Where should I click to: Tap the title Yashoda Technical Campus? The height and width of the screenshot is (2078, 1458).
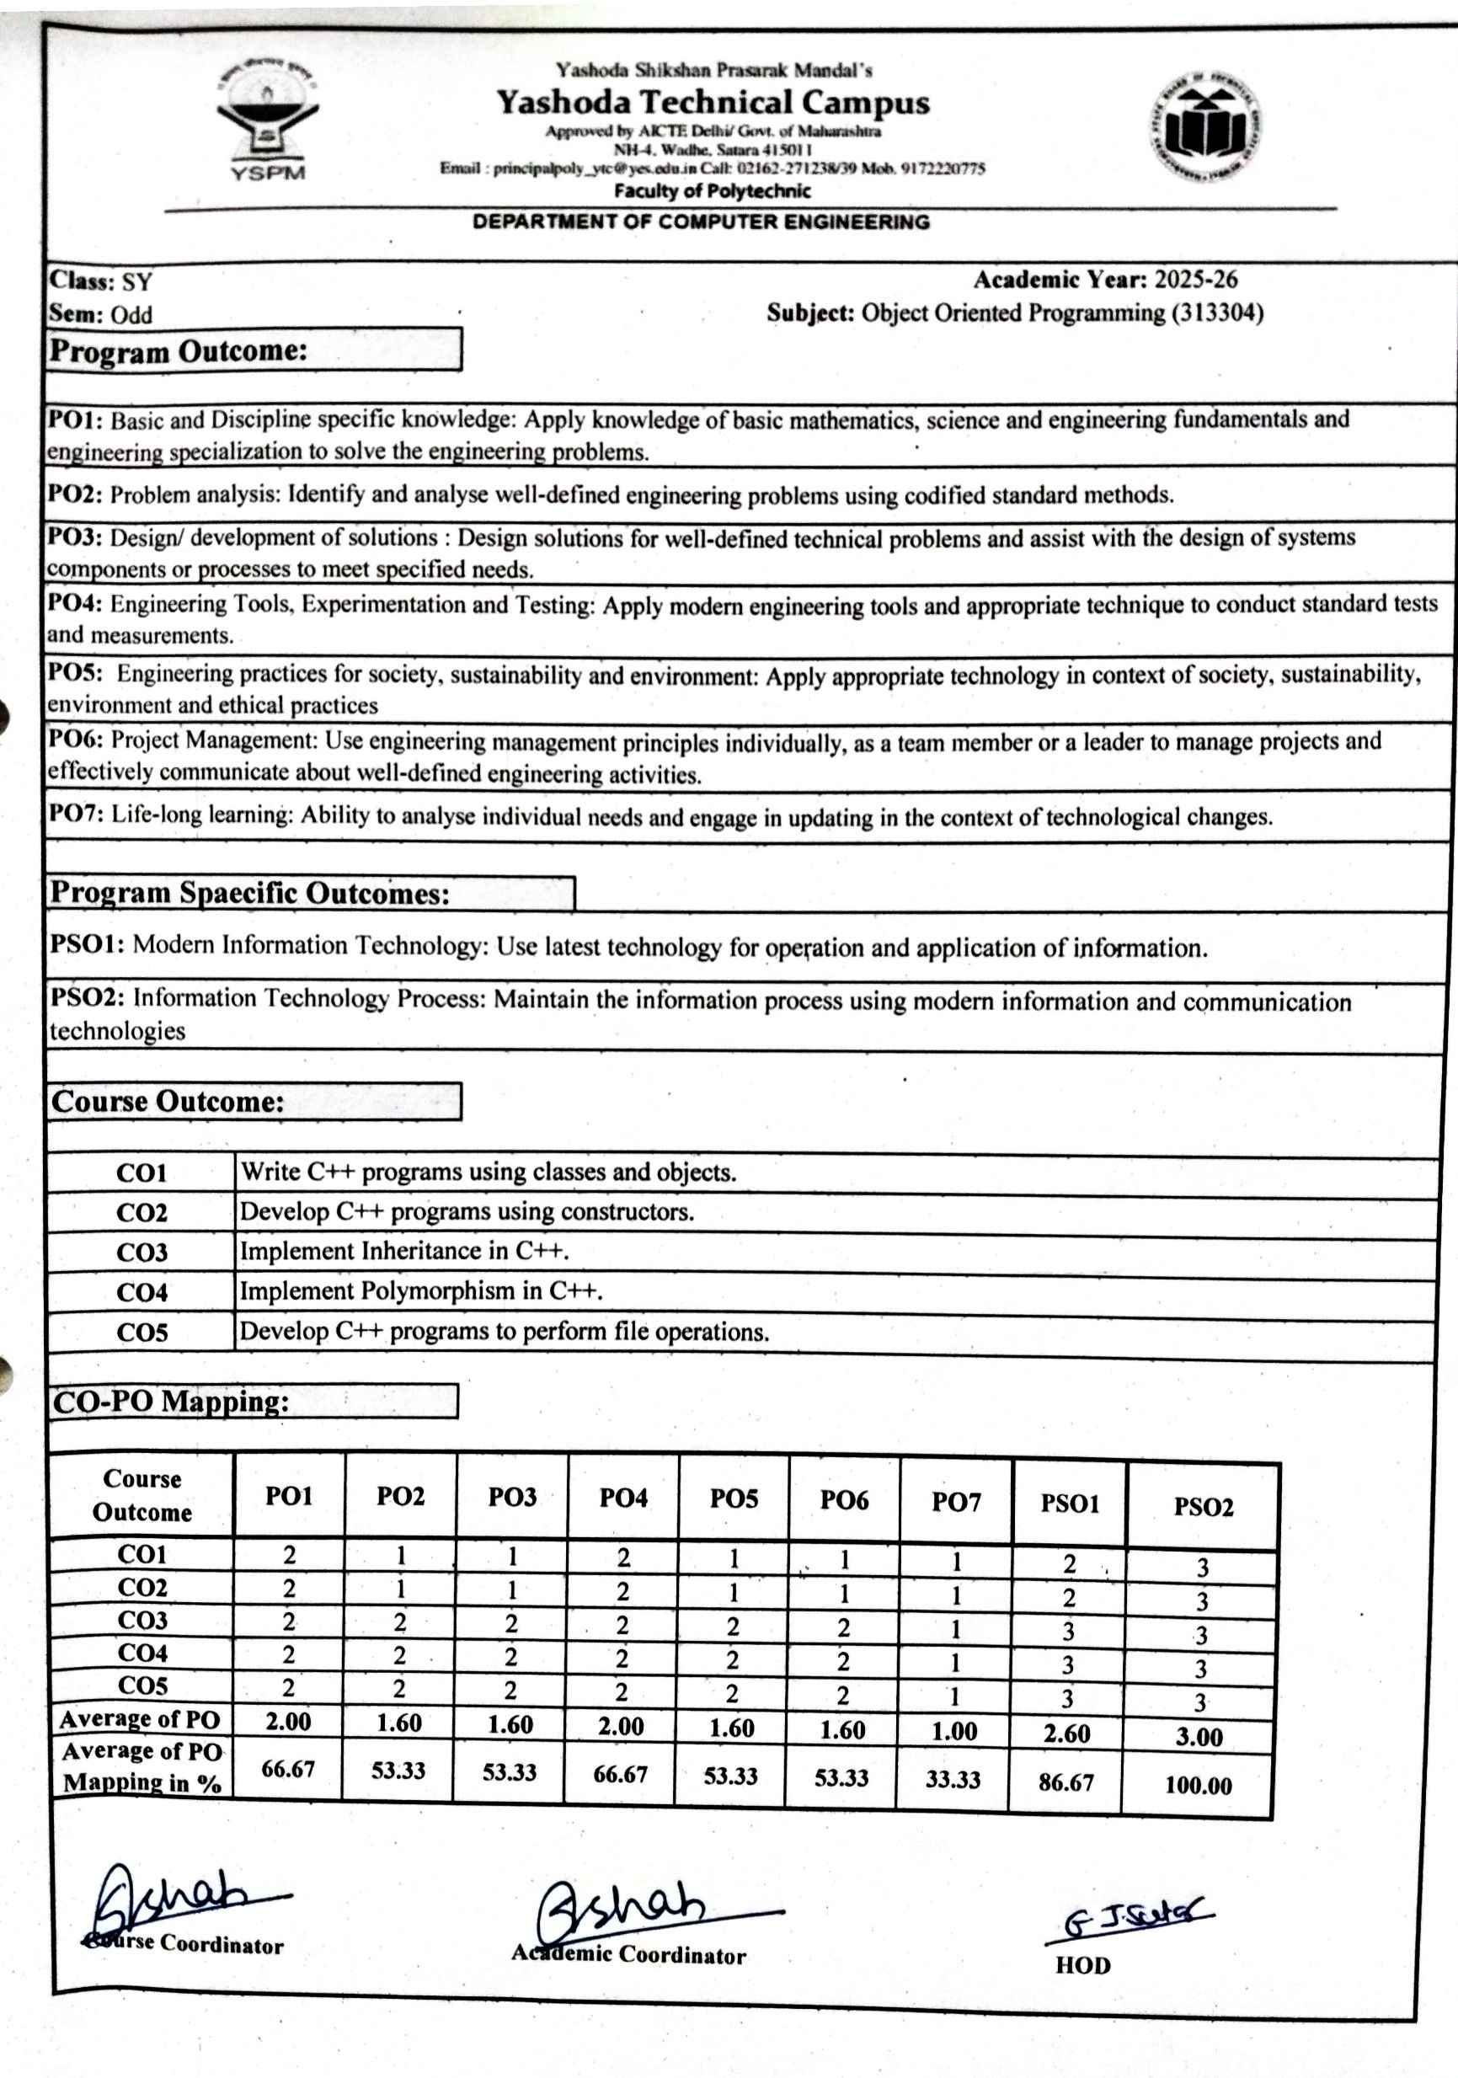point(713,102)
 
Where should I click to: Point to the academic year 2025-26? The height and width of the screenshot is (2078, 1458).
point(1194,280)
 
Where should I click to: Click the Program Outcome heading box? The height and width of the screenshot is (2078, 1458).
point(254,350)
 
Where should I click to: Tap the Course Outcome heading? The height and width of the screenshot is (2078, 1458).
point(168,1102)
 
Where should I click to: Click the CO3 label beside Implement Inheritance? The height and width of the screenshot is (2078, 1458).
point(142,1253)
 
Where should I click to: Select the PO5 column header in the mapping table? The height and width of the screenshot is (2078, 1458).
point(733,1498)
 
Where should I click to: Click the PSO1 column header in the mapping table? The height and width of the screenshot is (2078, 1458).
point(1069,1504)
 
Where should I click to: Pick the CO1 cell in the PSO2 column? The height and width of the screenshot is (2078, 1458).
point(1202,1568)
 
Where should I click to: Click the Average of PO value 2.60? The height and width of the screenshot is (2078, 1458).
point(1066,1733)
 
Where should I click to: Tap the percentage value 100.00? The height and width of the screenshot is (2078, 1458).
point(1198,1786)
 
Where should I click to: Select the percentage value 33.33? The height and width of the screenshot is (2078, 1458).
point(952,1779)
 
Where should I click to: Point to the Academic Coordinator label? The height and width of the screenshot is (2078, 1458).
point(629,1954)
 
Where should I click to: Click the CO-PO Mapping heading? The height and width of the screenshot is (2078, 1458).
point(171,1402)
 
